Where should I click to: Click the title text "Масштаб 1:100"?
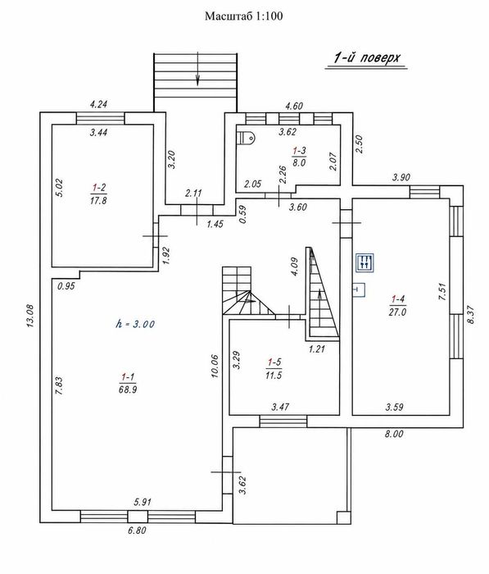pos(243,16)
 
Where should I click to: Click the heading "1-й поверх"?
pos(367,58)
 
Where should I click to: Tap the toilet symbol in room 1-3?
pos(247,138)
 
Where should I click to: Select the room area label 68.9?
pos(128,389)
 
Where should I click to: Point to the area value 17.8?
pos(98,201)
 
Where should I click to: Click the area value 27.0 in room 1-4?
pos(397,312)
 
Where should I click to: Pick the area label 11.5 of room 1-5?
pos(274,376)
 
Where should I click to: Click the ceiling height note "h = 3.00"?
pos(135,324)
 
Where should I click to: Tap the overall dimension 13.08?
pos(30,316)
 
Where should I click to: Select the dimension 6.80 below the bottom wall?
pos(137,530)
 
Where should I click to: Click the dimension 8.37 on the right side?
pos(471,314)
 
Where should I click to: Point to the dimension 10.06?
pos(215,366)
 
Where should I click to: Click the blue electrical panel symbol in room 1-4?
pos(365,262)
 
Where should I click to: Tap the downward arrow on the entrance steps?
pos(198,69)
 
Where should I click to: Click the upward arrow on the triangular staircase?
pos(319,307)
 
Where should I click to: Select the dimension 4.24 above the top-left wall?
pos(98,104)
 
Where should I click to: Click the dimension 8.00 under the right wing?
pos(394,434)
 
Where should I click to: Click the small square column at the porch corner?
pos(342,517)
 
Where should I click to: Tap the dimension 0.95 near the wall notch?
pos(66,286)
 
